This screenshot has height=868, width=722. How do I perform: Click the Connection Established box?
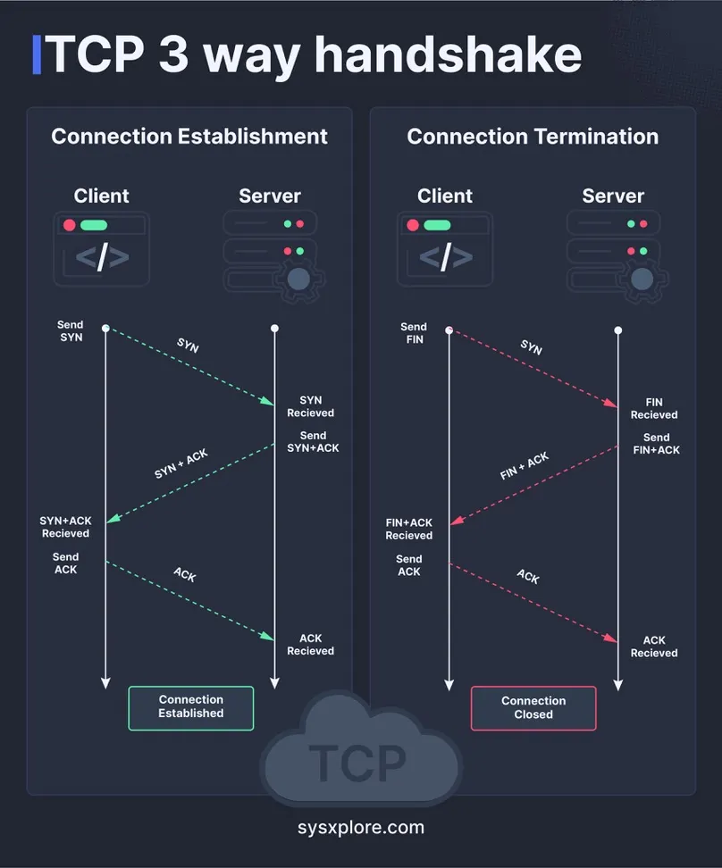(x=190, y=707)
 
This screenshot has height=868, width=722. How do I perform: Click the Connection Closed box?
(x=533, y=708)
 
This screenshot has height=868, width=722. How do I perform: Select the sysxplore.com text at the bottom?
(x=360, y=827)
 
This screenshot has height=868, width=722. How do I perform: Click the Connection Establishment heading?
(x=189, y=137)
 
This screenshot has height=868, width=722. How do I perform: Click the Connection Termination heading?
(x=533, y=137)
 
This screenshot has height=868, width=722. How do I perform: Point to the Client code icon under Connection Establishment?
(x=101, y=249)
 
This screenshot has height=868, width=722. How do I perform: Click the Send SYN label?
(x=71, y=331)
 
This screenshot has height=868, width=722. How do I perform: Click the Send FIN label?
(x=414, y=333)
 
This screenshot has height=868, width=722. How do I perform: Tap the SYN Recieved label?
(x=310, y=406)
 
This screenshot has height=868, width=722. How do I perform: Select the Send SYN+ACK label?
(x=313, y=442)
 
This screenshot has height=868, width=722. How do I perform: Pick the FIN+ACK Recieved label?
(x=409, y=529)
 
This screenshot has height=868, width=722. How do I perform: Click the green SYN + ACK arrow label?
(x=181, y=463)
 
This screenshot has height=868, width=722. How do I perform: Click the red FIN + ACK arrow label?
(x=525, y=466)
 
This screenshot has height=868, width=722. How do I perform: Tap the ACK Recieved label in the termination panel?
(x=654, y=647)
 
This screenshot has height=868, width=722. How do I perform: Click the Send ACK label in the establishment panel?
(x=65, y=563)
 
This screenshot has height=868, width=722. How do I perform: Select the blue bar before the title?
(x=37, y=55)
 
